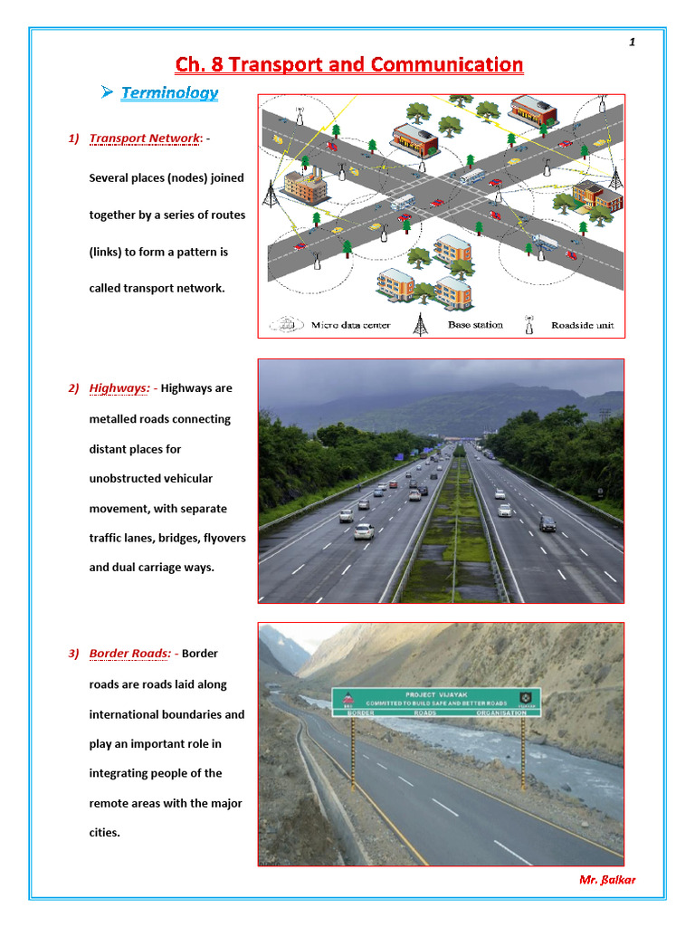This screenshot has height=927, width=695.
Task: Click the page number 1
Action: click(x=632, y=42)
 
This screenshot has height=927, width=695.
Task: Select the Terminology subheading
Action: click(x=169, y=92)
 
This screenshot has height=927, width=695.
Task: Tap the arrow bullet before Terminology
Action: click(x=107, y=91)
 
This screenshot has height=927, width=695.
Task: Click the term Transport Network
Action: click(x=144, y=139)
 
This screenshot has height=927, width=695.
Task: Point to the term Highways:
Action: click(x=119, y=388)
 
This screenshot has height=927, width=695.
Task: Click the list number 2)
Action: click(x=73, y=388)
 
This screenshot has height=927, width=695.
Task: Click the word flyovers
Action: click(x=224, y=538)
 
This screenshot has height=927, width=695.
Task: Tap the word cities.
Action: click(x=104, y=833)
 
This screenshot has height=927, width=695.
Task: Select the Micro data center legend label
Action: click(x=350, y=325)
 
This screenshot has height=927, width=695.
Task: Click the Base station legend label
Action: click(x=475, y=325)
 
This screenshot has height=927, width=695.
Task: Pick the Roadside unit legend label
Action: click(x=584, y=325)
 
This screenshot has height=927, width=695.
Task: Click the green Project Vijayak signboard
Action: click(x=436, y=702)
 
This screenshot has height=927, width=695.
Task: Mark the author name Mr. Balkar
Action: click(x=606, y=880)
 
